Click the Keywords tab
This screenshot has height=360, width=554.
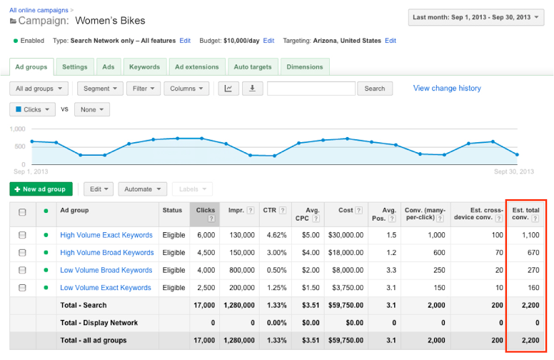[x=145, y=67]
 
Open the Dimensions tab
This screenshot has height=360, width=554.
[x=305, y=67]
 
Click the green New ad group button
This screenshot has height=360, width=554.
[x=41, y=189]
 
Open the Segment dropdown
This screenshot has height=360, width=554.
[x=100, y=89]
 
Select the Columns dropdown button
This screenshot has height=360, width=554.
[x=186, y=89]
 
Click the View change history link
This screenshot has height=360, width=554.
[x=447, y=88]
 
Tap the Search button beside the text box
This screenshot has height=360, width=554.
[x=375, y=89]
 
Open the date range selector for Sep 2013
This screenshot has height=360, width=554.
[x=476, y=17]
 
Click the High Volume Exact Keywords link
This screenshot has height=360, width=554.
[x=106, y=235]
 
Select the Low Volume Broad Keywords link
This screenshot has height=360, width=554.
[x=106, y=270]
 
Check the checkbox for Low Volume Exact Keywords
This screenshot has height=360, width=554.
[x=22, y=288]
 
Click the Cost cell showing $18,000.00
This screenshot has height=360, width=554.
[x=346, y=252]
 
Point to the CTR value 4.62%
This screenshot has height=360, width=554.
[x=277, y=235]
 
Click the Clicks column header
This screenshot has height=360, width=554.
[x=205, y=214]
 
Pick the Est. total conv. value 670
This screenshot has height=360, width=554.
[x=533, y=252]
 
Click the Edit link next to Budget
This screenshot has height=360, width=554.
[x=268, y=41]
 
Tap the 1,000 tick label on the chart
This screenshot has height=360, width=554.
[x=18, y=129]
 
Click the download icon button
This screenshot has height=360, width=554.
[x=252, y=89]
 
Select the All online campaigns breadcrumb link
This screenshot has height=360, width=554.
[x=39, y=10]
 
